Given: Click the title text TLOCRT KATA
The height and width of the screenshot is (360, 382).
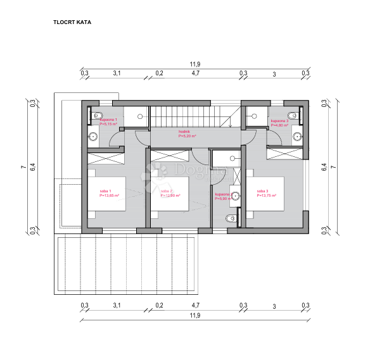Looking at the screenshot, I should click(x=73, y=22).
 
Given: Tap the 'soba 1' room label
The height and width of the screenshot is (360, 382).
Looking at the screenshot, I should click(x=105, y=191).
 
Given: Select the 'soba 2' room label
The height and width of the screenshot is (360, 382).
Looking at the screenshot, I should click(x=166, y=191).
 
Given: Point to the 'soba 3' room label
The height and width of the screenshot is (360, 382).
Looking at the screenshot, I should click(x=262, y=191).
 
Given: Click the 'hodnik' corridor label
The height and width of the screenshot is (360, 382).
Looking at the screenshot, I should click(x=185, y=132).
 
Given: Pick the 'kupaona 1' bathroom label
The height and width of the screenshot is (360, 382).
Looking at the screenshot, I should click(x=109, y=120).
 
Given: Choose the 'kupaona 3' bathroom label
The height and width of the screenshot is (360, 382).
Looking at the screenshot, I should click(x=279, y=120).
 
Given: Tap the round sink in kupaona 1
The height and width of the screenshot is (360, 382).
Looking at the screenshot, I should click(x=93, y=137).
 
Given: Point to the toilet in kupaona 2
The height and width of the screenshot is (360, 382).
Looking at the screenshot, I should click(x=229, y=218).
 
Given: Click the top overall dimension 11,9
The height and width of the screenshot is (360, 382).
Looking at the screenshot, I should click(x=195, y=65).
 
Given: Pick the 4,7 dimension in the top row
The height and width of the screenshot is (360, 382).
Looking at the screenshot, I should click(x=196, y=74).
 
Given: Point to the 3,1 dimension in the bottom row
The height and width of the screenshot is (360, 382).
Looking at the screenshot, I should click(x=117, y=306).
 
